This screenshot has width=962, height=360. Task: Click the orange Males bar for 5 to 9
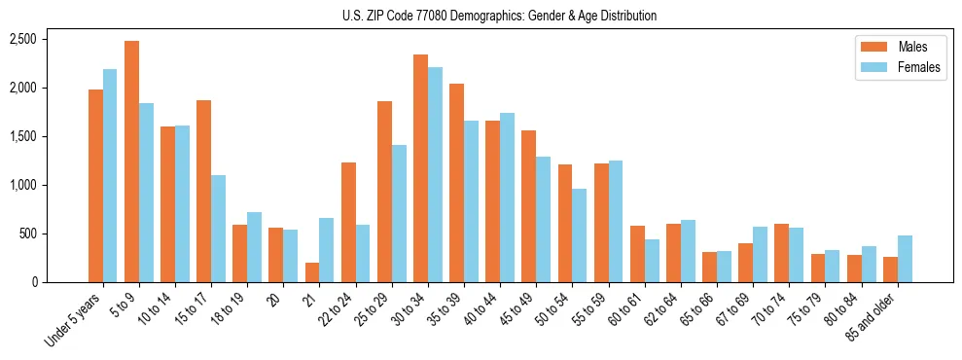point(131,162)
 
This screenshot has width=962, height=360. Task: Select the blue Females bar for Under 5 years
point(110,175)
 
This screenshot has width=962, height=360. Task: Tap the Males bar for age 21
point(311,272)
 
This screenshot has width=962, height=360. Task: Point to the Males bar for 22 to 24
point(348,222)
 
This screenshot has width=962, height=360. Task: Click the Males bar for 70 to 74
point(781,253)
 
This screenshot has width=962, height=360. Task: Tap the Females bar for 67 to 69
point(760,254)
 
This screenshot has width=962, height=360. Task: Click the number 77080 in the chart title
point(434,16)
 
